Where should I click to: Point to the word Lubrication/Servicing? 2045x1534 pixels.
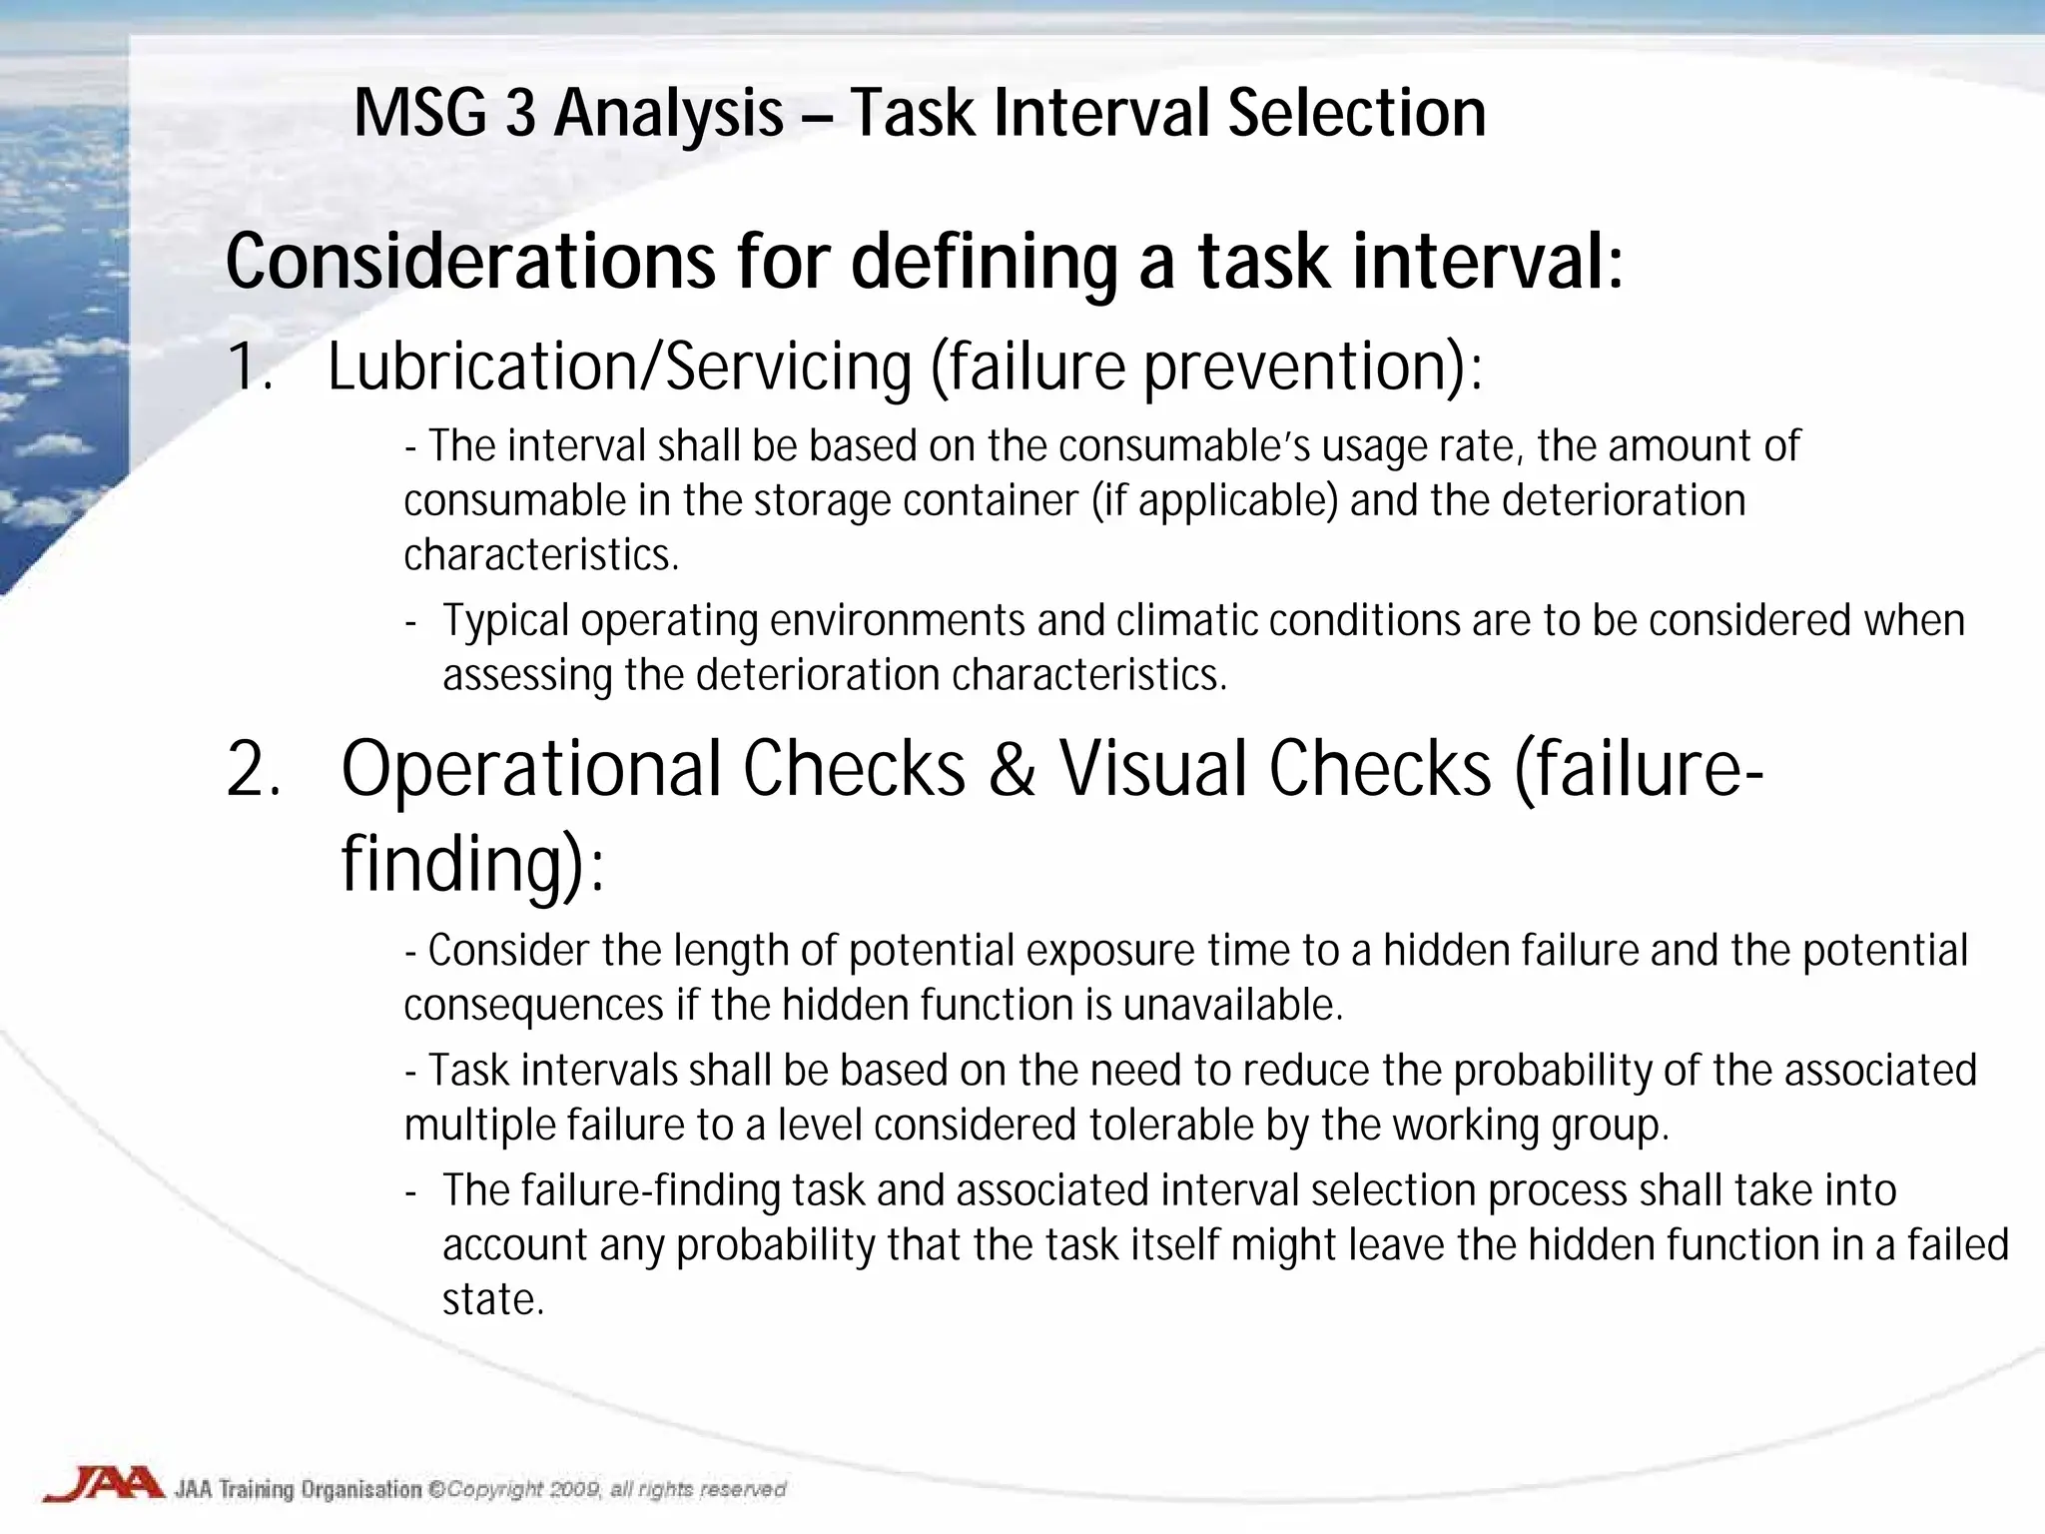[x=619, y=367]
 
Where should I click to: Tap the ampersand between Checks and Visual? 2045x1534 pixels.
[x=1013, y=770]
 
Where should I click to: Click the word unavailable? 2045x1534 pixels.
[x=1232, y=1005]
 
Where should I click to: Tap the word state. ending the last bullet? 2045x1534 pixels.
[x=493, y=1299]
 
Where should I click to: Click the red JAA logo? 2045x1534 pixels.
[x=104, y=1483]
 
